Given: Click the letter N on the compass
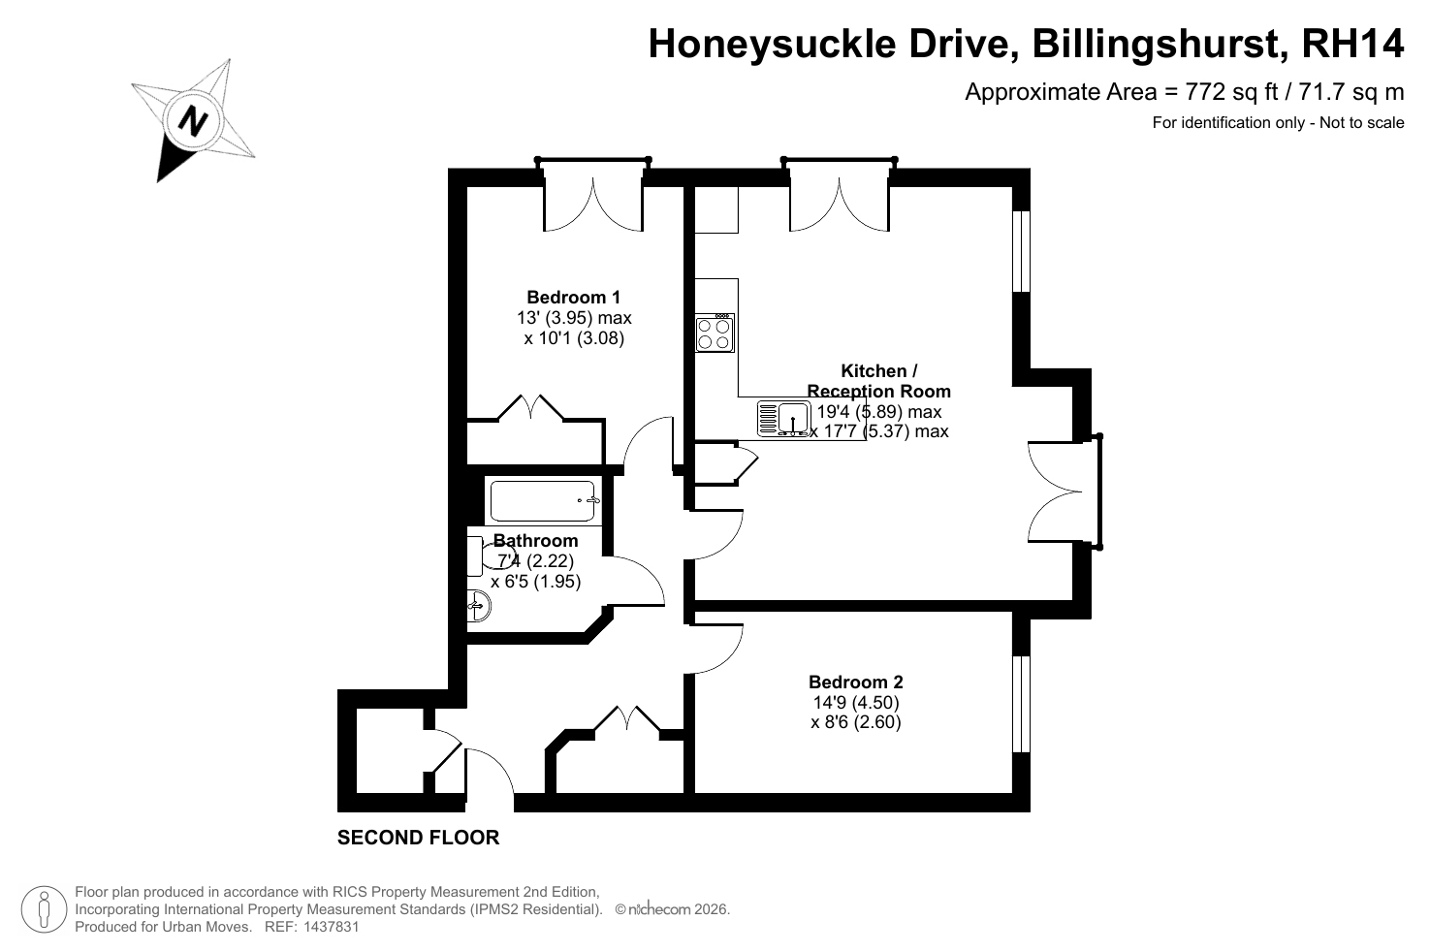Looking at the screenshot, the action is pyautogui.click(x=193, y=120).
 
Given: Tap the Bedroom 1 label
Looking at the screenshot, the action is pyautogui.click(x=573, y=297).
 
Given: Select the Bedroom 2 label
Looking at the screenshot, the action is pyautogui.click(x=855, y=682).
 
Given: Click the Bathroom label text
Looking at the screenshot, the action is pyautogui.click(x=535, y=540).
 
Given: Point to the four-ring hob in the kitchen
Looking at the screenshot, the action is pyautogui.click(x=715, y=333).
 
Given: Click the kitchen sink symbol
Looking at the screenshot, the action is pyautogui.click(x=784, y=418).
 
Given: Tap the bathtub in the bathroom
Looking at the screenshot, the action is pyautogui.click(x=543, y=501).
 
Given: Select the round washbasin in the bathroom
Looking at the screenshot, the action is pyautogui.click(x=479, y=605).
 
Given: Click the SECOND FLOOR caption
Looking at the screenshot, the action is pyautogui.click(x=418, y=838).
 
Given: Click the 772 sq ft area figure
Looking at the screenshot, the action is pyautogui.click(x=1231, y=92).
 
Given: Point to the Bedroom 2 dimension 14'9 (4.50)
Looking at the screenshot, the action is pyautogui.click(x=855, y=702).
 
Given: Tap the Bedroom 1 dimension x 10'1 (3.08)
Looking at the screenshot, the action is pyautogui.click(x=574, y=337).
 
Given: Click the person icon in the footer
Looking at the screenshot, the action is pyautogui.click(x=44, y=909).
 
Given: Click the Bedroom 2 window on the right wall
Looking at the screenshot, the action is pyautogui.click(x=1022, y=704).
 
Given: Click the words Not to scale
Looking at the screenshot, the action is pyautogui.click(x=1362, y=122).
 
